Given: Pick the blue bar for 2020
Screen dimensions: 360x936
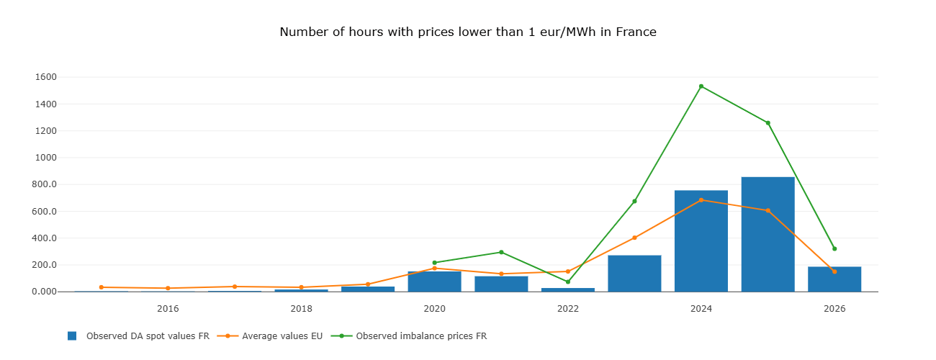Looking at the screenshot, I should coord(434,282).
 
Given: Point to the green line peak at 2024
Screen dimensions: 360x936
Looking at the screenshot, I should coord(701,86).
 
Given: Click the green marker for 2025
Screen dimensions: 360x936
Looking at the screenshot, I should coord(768,123).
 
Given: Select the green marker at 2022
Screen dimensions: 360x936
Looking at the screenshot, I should coord(567,282).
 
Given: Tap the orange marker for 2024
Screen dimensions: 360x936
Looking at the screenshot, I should coord(701,200).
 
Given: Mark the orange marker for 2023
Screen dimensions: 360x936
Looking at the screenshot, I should coord(634,238).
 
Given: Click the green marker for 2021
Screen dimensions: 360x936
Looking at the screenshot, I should coord(501,252).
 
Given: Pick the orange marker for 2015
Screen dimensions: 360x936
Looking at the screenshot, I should coord(102,287).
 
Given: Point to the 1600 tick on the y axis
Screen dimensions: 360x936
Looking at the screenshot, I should coord(45,77).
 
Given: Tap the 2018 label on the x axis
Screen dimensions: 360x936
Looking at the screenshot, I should coord(301,309).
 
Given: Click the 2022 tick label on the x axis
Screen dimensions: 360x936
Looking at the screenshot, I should coord(567,309).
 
